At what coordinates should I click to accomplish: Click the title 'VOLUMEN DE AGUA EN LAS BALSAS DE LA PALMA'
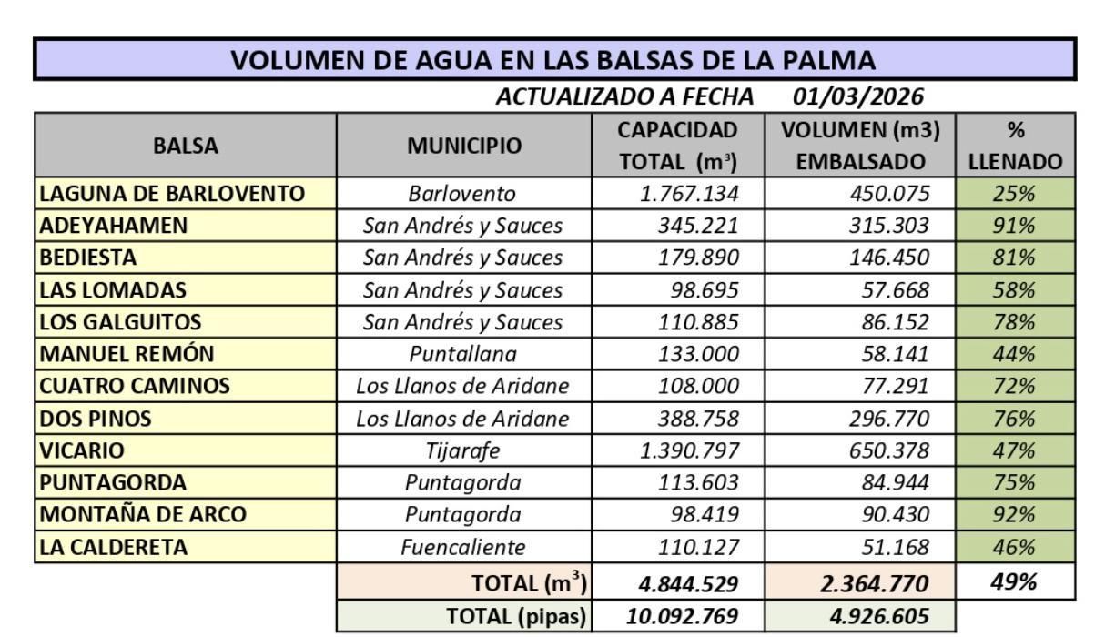pos(553,60)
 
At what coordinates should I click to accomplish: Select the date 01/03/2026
pos(857,96)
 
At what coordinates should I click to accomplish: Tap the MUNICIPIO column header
pos(464,146)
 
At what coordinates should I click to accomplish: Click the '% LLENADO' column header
pos(1015,146)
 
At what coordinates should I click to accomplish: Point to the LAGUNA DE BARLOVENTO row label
pos(172,194)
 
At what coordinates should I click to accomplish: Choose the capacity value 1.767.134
pos(689,194)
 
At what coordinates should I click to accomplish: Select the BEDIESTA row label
pos(88,258)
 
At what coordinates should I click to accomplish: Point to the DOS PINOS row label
pos(96,419)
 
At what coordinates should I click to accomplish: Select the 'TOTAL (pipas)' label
pos(515,616)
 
